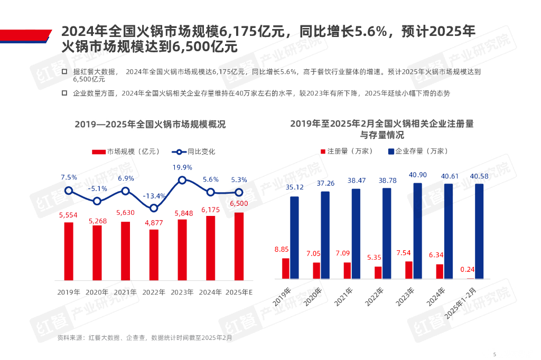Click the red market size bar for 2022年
154,254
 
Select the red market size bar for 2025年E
239,246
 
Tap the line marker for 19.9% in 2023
182,181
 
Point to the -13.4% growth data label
154,196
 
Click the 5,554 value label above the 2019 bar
69,215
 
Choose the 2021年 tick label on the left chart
126,292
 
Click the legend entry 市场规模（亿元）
126,151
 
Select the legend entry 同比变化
194,151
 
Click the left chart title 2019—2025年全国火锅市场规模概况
150,125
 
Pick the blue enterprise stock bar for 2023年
417,231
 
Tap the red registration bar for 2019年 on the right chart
286,268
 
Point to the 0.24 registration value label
468,269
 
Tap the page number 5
495,354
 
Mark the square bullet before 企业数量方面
64,93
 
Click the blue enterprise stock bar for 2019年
294,238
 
